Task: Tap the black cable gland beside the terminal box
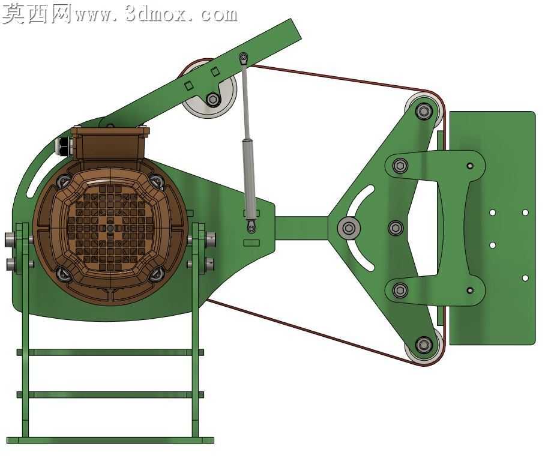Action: [x=63, y=146]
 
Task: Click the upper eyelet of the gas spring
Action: [x=243, y=57]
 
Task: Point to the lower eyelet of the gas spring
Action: [x=251, y=229]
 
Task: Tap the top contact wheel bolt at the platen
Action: [x=423, y=112]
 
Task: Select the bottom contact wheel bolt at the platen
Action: [x=423, y=345]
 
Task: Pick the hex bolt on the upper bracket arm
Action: [x=400, y=165]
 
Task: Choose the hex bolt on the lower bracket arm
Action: [x=400, y=291]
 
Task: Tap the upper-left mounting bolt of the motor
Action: [x=64, y=181]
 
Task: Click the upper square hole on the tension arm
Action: [x=215, y=71]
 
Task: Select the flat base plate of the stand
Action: [x=110, y=440]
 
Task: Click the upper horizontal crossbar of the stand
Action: [x=110, y=352]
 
